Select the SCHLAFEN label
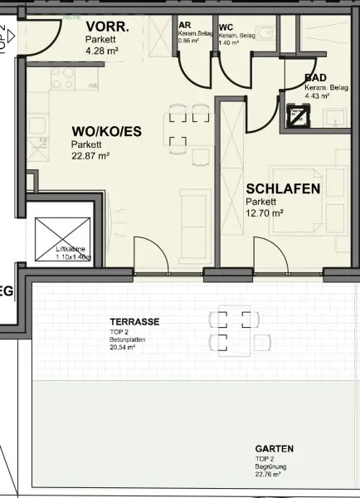pos(283,189)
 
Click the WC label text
pos(226,27)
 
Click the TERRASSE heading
pos(134,322)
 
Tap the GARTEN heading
pos(274,449)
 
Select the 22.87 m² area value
pos(90,154)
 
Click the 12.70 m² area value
pos(265,213)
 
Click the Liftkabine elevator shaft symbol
pos(63,235)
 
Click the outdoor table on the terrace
pos(231,330)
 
